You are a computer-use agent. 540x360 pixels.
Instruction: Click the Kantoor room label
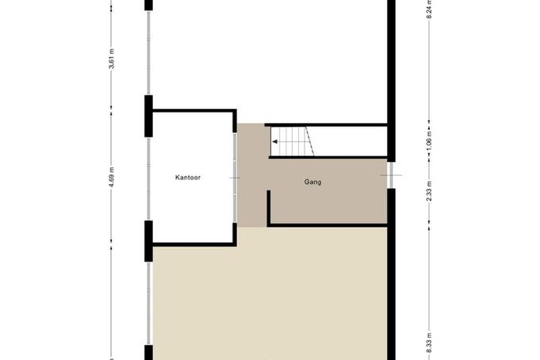(188, 177)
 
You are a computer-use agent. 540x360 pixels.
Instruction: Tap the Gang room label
(313, 182)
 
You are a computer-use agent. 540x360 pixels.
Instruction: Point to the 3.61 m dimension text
(111, 59)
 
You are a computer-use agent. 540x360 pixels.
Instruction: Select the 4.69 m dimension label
(111, 177)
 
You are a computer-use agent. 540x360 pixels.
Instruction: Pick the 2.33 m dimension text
(429, 191)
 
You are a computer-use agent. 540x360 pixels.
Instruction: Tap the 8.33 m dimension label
(429, 343)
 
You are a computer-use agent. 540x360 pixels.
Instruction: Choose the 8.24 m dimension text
(429, 8)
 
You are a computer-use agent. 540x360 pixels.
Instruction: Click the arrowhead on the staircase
(275, 142)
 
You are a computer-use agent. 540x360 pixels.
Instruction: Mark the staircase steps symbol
(292, 142)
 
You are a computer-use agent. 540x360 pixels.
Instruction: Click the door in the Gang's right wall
(391, 175)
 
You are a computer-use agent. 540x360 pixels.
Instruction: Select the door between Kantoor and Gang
(235, 178)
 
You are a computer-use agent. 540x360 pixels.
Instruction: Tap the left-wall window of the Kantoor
(148, 179)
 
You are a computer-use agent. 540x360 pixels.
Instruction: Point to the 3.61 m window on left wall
(148, 53)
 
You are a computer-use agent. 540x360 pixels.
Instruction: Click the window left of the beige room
(148, 303)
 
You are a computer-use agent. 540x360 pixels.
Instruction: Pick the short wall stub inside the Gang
(269, 207)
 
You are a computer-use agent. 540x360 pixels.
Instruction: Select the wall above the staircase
(326, 125)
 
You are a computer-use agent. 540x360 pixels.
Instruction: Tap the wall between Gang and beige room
(327, 225)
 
